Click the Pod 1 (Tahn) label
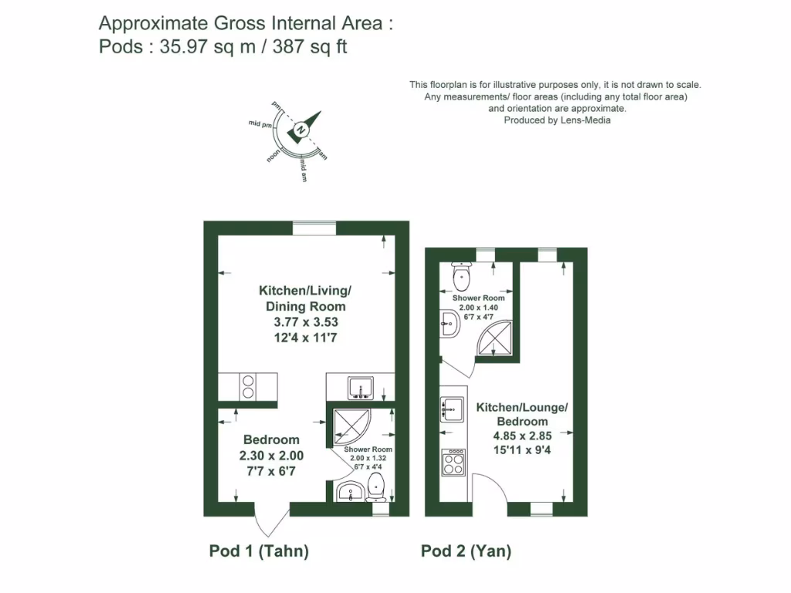pos(259,551)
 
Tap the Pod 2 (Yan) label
pos(466,551)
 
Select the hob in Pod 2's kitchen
pos(453,463)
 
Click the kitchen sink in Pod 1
pos(361,387)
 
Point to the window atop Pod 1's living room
pos(314,228)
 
